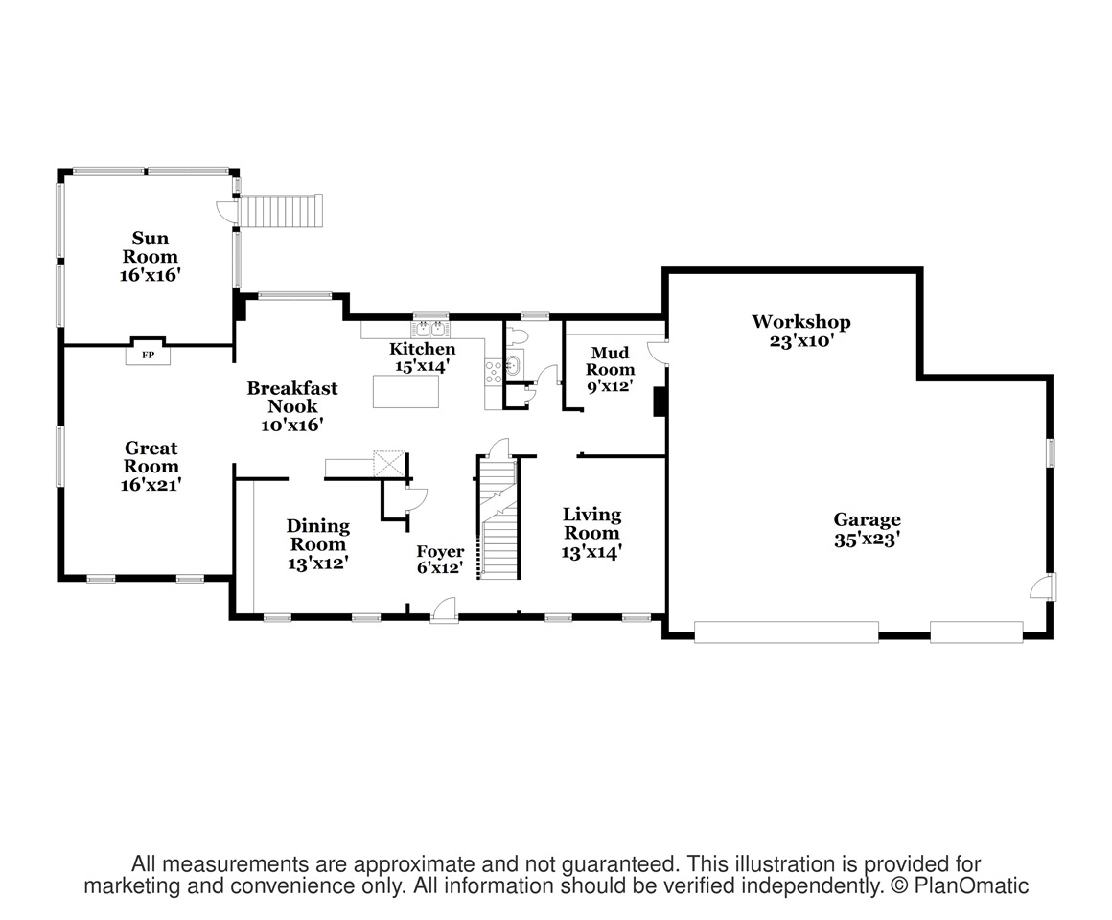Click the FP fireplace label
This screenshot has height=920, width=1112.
coord(148,355)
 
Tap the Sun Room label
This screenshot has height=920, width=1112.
coord(151,247)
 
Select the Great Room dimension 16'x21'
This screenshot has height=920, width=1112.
coord(151,485)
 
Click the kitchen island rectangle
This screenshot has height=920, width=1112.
coord(405,391)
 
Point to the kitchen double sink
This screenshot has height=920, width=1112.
coord(431,328)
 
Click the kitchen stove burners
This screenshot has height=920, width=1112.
coord(494,372)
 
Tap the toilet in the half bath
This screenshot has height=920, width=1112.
coord(516,333)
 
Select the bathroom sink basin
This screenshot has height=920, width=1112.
coord(514,365)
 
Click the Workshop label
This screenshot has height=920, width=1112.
coord(801,322)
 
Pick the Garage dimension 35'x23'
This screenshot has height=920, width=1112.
coord(867,540)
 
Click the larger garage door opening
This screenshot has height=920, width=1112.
coord(786,632)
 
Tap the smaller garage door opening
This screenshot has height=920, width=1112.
coord(977,632)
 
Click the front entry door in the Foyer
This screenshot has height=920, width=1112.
coord(445,611)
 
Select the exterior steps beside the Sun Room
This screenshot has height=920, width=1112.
coord(280,211)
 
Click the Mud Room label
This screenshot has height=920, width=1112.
coord(610,360)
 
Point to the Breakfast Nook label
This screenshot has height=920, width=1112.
coord(292,397)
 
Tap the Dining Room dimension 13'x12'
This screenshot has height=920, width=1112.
coord(317,563)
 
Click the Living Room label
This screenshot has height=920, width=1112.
coord(592,524)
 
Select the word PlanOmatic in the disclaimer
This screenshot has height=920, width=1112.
coord(971,885)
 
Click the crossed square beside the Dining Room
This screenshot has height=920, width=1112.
coord(389,464)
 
